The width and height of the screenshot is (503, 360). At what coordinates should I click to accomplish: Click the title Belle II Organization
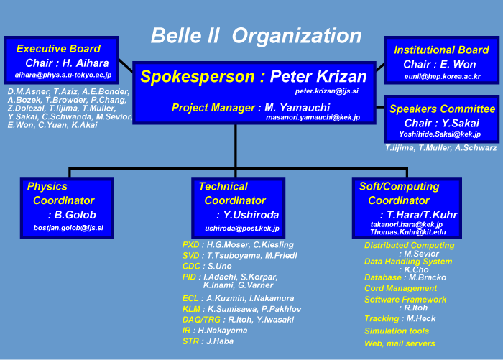pos(256,35)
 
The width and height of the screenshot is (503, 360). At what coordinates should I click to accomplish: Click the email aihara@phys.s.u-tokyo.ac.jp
pos(63,75)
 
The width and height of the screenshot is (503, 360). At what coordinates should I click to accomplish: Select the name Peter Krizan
pos(318,76)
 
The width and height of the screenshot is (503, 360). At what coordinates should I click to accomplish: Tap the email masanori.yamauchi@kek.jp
pos(313,117)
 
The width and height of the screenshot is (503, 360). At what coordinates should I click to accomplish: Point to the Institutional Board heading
pos(441,50)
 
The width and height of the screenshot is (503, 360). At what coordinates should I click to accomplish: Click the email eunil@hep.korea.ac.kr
pos(443,77)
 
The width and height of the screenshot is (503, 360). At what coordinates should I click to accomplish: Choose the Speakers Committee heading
pos(443,109)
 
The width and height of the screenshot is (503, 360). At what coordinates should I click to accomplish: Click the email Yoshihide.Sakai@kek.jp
pos(440,134)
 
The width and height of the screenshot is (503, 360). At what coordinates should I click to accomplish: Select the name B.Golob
pos(75,215)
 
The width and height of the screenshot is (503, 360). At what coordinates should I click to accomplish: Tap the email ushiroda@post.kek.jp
pos(242,229)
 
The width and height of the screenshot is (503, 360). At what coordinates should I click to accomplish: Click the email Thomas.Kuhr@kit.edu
pos(408,232)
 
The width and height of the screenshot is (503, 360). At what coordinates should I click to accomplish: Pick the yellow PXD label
pos(191,245)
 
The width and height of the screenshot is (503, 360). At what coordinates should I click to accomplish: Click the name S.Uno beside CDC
pos(219,266)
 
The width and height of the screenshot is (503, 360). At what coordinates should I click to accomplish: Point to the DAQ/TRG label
pos(201,320)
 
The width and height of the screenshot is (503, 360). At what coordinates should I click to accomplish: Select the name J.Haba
pos(220,341)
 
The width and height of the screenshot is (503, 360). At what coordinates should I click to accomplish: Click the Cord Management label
pos(401,288)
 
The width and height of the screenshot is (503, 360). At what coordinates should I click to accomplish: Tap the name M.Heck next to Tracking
pos(421,318)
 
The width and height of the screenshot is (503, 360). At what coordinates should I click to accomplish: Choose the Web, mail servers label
pos(400,343)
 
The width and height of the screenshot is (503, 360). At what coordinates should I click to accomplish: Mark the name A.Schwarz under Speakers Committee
pos(476,148)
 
